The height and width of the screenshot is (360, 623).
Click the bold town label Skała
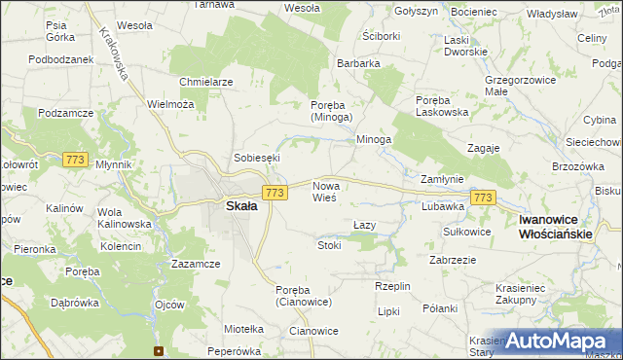click(241, 206)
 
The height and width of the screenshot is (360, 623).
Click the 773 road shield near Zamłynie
click(483, 198)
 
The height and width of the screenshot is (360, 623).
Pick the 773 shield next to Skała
click(275, 193)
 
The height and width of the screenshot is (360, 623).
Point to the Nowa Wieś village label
click(324, 191)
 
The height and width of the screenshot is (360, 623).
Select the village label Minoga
click(373, 140)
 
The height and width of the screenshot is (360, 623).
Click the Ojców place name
click(169, 305)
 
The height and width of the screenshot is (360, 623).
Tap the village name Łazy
click(364, 225)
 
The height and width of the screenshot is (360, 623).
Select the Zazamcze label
click(195, 264)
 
